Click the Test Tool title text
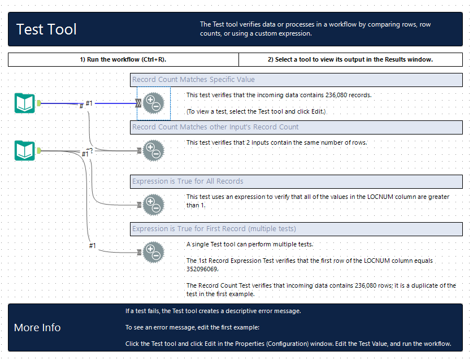click(46, 29)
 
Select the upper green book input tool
click(24, 103)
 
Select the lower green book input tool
click(24, 151)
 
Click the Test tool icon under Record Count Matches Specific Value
click(153, 103)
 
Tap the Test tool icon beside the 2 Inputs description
click(153, 151)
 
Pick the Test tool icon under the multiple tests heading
click(153, 251)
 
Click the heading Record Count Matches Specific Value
click(193, 80)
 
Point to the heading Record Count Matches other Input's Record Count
click(215, 127)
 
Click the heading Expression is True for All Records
click(188, 181)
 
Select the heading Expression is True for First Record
click(214, 229)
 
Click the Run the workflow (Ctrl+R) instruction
click(123, 59)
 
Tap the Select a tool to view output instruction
click(350, 59)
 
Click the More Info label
click(37, 328)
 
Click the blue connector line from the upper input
click(113, 104)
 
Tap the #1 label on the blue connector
click(89, 103)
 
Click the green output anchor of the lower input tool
click(39, 151)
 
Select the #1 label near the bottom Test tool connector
click(93, 245)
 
